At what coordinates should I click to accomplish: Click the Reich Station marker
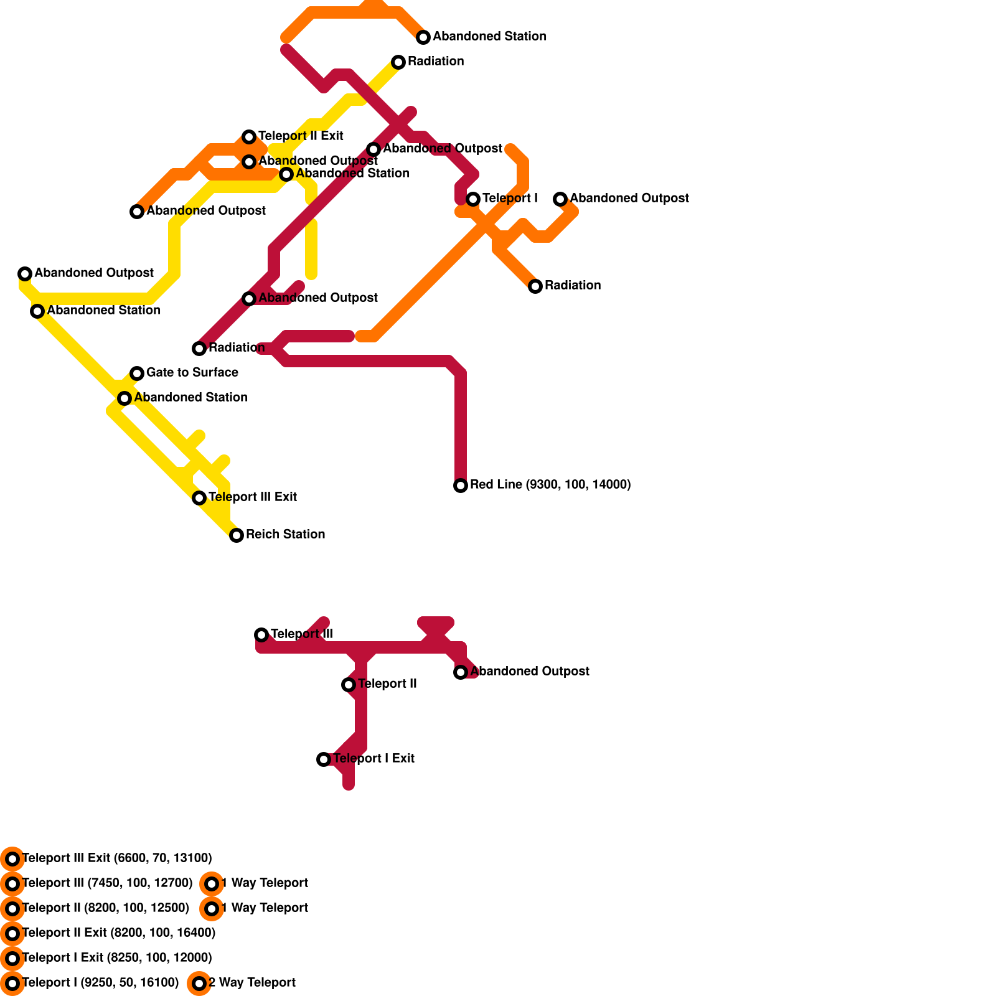point(237,535)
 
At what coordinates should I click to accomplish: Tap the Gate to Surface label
point(192,372)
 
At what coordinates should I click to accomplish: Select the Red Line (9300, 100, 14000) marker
point(461,486)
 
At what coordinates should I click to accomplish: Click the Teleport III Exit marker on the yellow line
point(199,498)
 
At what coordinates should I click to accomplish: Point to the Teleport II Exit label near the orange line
point(301,136)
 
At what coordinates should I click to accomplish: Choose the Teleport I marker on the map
point(473,199)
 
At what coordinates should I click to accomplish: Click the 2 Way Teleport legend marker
point(199,984)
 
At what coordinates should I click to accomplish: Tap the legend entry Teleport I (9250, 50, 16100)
point(100,982)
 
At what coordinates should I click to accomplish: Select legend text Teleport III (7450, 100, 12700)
point(107,883)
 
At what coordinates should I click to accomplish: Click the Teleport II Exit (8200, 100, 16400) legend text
point(118,933)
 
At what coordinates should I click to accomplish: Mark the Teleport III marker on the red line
point(261,635)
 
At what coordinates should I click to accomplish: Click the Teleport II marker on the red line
point(349,685)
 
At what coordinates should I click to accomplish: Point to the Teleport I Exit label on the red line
point(374,758)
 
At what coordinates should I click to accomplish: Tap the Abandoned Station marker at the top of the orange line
point(423,37)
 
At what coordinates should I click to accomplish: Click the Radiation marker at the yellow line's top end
point(398,62)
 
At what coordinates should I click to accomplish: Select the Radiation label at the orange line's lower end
point(572,285)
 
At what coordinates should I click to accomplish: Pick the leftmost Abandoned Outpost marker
point(25,274)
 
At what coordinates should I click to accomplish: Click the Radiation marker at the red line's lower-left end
point(199,349)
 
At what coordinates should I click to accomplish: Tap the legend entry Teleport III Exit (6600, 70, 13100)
point(116,858)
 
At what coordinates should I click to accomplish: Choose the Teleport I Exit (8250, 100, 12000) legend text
point(116,957)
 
